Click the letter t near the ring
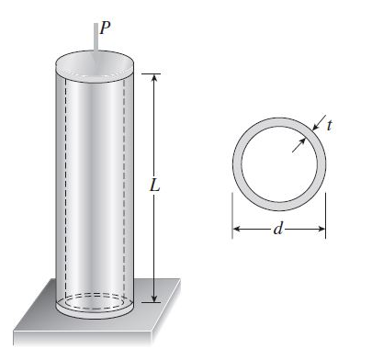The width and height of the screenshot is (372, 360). point(329,123)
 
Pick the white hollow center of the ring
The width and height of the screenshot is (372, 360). point(278,165)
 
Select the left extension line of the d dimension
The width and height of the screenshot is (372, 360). point(231,211)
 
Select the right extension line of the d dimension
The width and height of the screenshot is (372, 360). point(326,211)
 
